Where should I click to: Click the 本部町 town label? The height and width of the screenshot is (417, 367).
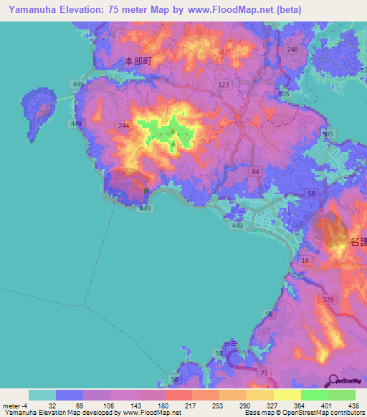point(136,62)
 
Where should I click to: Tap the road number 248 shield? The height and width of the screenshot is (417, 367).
point(292,49)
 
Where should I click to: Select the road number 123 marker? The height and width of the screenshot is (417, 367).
point(224,85)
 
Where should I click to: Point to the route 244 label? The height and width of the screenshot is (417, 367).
point(124,125)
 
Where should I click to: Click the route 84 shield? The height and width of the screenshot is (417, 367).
point(255,172)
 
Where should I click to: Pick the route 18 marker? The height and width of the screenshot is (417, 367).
point(305,261)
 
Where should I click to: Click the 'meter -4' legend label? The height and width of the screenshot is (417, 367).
point(15,406)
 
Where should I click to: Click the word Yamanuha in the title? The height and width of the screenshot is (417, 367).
point(31,10)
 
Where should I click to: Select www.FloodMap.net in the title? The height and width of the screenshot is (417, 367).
point(232,10)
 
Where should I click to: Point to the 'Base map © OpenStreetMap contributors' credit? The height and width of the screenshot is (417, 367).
point(304,413)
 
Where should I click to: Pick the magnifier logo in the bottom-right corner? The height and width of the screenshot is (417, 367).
point(334,380)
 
